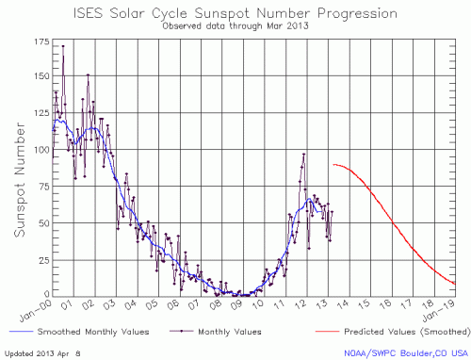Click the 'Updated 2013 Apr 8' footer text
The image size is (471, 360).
[41, 353]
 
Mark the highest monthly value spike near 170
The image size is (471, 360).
[63, 45]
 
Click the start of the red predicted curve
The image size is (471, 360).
[333, 164]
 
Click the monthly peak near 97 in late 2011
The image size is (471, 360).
[304, 155]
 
